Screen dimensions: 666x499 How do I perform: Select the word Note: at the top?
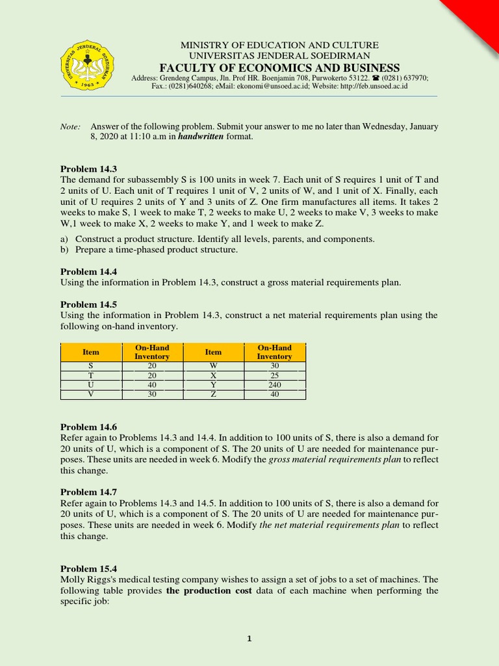[x=71, y=126]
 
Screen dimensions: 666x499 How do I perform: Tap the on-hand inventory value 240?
[x=274, y=384]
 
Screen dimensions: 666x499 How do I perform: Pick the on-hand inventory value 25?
[x=274, y=375]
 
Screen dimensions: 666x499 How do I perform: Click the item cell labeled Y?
[x=213, y=384]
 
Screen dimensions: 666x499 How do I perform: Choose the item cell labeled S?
[x=91, y=366]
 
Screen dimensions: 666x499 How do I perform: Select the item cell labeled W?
[x=213, y=366]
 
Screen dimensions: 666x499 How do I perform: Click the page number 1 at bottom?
[x=249, y=639]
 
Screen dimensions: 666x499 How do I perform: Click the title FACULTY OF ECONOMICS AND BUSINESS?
[x=279, y=68]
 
